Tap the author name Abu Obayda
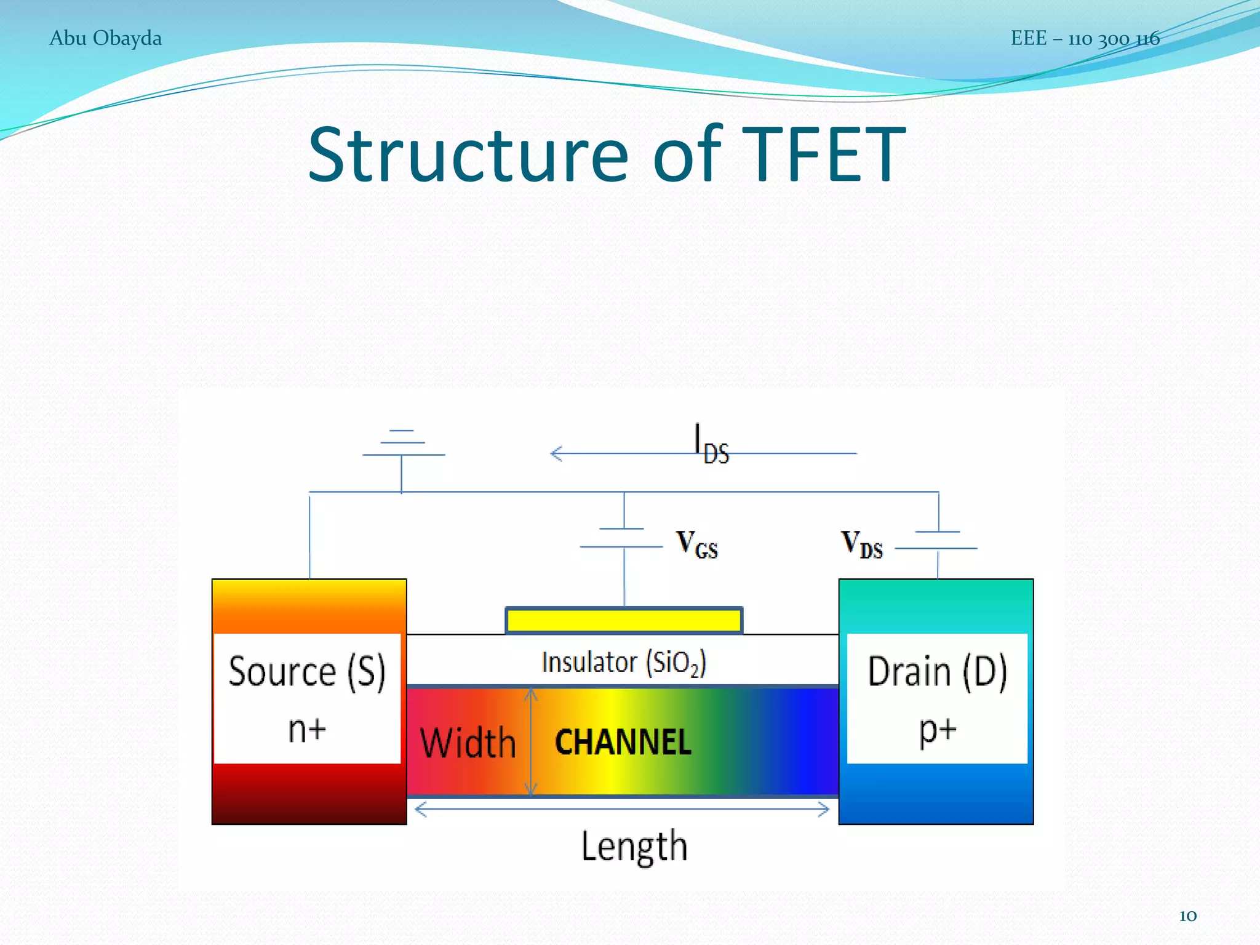coord(105,38)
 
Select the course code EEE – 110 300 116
coord(1085,39)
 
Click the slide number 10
coord(1187,915)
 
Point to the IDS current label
coord(712,444)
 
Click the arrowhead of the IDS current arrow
coord(556,454)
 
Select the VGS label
coord(696,544)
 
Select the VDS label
coord(861,544)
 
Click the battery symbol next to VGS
coord(623,538)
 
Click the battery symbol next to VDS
coord(937,540)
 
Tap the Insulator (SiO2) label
coord(623,663)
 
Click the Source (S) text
coord(307,671)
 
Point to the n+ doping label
coord(307,730)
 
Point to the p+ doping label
coord(938,730)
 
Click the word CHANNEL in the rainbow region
coord(623,742)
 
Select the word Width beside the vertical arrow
coord(468,743)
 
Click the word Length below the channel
coord(634,846)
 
